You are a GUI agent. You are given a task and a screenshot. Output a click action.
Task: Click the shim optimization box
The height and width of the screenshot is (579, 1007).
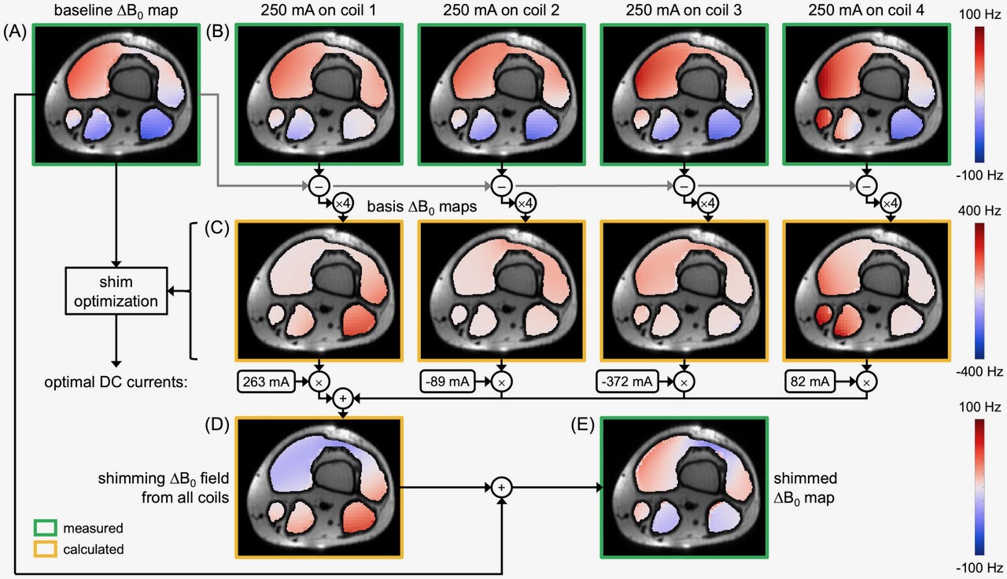(x=116, y=290)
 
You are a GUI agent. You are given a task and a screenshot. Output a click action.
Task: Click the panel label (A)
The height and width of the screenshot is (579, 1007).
(x=16, y=33)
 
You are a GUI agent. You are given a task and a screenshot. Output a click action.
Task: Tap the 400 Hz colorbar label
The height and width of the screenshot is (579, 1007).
(x=980, y=211)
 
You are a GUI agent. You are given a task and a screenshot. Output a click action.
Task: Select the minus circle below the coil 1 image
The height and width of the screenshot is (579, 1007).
(x=319, y=186)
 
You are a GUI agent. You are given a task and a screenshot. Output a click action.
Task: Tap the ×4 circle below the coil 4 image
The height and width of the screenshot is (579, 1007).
(x=890, y=203)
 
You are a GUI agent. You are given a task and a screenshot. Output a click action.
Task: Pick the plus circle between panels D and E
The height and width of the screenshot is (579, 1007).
(x=501, y=488)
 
